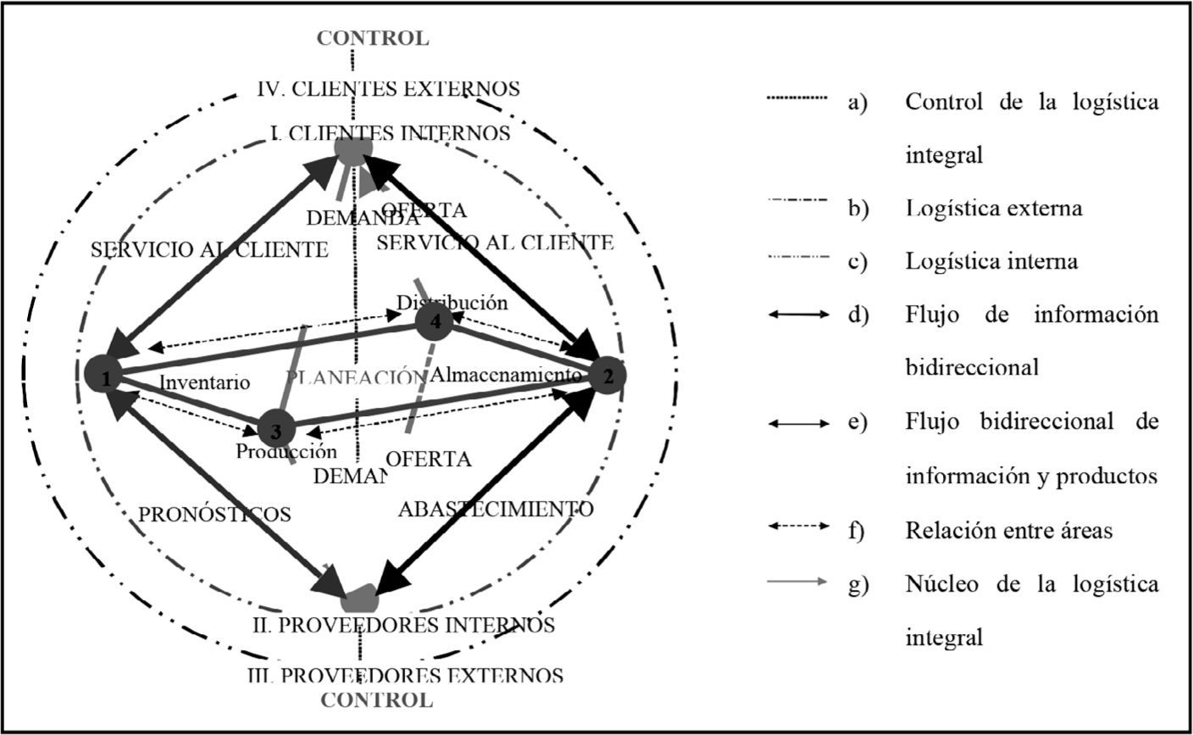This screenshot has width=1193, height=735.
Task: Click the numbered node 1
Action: coord(105,377)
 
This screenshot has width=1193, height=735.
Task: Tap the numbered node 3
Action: coord(275,430)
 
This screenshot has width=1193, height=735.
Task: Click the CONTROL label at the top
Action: coord(373,38)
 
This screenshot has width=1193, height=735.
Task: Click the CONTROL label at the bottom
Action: coord(376,700)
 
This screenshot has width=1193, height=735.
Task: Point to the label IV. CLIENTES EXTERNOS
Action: coord(390,88)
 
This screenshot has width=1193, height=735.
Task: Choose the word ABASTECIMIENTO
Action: coord(496,509)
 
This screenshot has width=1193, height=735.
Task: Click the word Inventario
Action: coord(204,382)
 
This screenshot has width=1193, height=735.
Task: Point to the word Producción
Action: coord(286,452)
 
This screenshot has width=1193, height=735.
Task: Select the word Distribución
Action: coord(452,303)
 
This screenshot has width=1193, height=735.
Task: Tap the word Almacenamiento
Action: coord(506,376)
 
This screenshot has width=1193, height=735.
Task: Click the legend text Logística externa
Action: coord(993,209)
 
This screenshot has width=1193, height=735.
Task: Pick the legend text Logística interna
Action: coord(991,261)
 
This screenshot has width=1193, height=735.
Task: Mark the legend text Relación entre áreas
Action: coord(1008,531)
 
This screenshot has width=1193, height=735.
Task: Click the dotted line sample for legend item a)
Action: coord(796,99)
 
